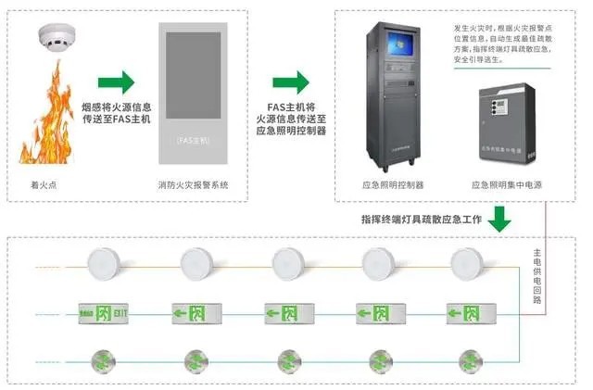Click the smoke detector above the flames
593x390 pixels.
[x=56, y=38]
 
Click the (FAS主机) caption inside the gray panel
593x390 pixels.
[x=193, y=140]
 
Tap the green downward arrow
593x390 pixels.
[x=500, y=219]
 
